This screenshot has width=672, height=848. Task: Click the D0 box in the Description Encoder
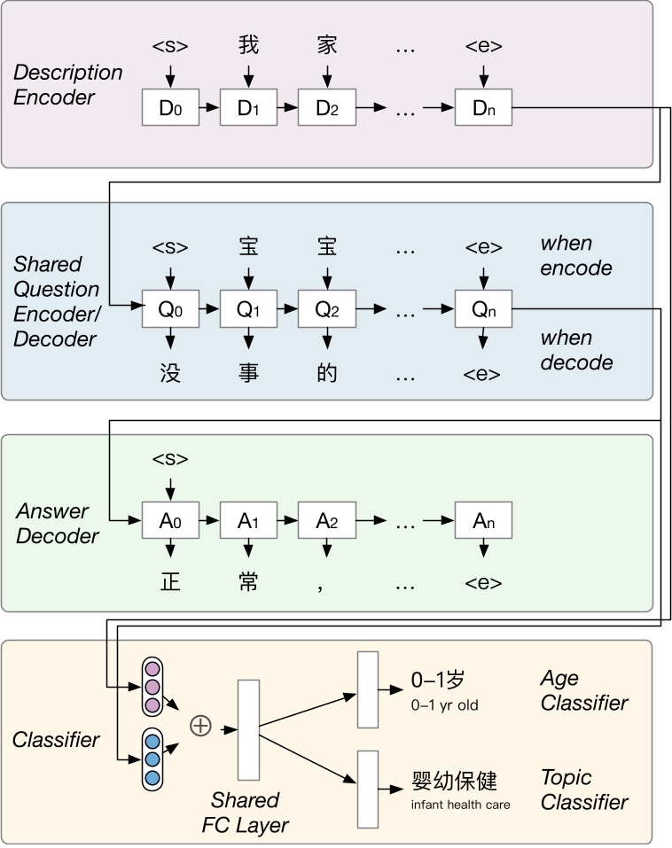[170, 107]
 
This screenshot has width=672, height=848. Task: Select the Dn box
[483, 107]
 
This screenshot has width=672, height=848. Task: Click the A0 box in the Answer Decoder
[170, 520]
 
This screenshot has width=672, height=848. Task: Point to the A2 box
[326, 520]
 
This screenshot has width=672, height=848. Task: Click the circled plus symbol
[201, 727]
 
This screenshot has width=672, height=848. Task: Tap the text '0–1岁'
[438, 681]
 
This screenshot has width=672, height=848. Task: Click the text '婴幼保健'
[454, 781]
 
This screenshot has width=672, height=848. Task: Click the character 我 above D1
[248, 44]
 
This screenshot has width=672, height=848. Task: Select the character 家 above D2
[327, 44]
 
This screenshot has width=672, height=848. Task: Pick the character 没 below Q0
[170, 373]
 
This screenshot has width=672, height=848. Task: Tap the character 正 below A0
[170, 583]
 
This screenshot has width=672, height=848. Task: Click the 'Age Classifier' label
[583, 691]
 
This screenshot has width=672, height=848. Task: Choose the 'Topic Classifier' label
[583, 790]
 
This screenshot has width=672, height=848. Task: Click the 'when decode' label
[576, 351]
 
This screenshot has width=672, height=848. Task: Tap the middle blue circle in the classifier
[152, 759]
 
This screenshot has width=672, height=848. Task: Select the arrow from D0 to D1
[209, 107]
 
